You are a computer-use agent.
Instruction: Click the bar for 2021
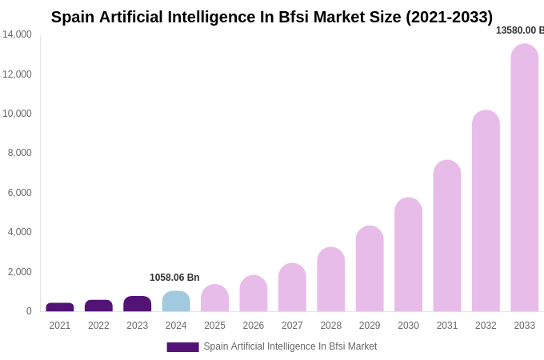(x=60, y=307)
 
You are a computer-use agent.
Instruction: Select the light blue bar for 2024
(x=176, y=302)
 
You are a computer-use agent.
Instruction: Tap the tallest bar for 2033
(x=525, y=178)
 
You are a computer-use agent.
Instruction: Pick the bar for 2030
(x=408, y=254)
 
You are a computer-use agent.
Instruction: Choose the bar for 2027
(x=292, y=287)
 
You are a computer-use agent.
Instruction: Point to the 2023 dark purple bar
(x=138, y=304)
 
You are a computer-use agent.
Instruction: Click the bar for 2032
(x=486, y=211)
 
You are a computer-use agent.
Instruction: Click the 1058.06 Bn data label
(x=174, y=278)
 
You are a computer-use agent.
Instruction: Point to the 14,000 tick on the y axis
(x=17, y=34)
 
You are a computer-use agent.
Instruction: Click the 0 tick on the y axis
(x=29, y=311)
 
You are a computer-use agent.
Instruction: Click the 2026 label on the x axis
(x=254, y=326)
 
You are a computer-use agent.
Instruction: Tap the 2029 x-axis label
(x=370, y=326)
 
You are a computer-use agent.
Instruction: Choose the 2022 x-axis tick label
(x=98, y=326)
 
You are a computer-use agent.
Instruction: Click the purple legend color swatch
(x=182, y=347)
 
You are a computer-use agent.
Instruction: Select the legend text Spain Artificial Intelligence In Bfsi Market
(x=290, y=346)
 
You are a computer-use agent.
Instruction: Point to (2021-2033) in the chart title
(x=449, y=17)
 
